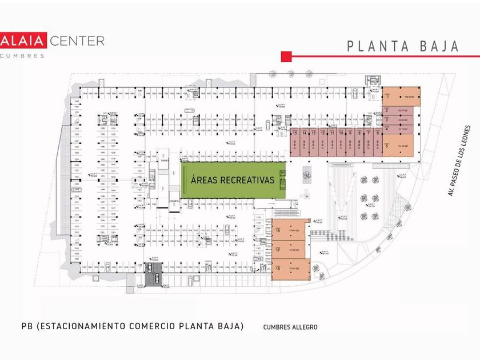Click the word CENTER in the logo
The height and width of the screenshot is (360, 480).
[x=77, y=41]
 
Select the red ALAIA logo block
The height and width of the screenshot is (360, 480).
[x=22, y=41]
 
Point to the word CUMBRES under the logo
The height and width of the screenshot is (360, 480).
[x=22, y=55]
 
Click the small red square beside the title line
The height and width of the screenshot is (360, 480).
[x=286, y=56]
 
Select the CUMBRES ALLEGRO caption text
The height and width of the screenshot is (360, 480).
[x=290, y=327]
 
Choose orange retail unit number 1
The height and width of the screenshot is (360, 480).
[x=401, y=97]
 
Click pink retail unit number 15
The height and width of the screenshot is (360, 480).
[x=295, y=143]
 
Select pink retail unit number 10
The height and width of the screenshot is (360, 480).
[x=341, y=143]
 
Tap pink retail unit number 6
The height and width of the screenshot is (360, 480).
[x=378, y=143]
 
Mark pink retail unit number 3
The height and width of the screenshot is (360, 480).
[x=401, y=119]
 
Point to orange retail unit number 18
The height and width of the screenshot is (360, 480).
[x=290, y=269]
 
